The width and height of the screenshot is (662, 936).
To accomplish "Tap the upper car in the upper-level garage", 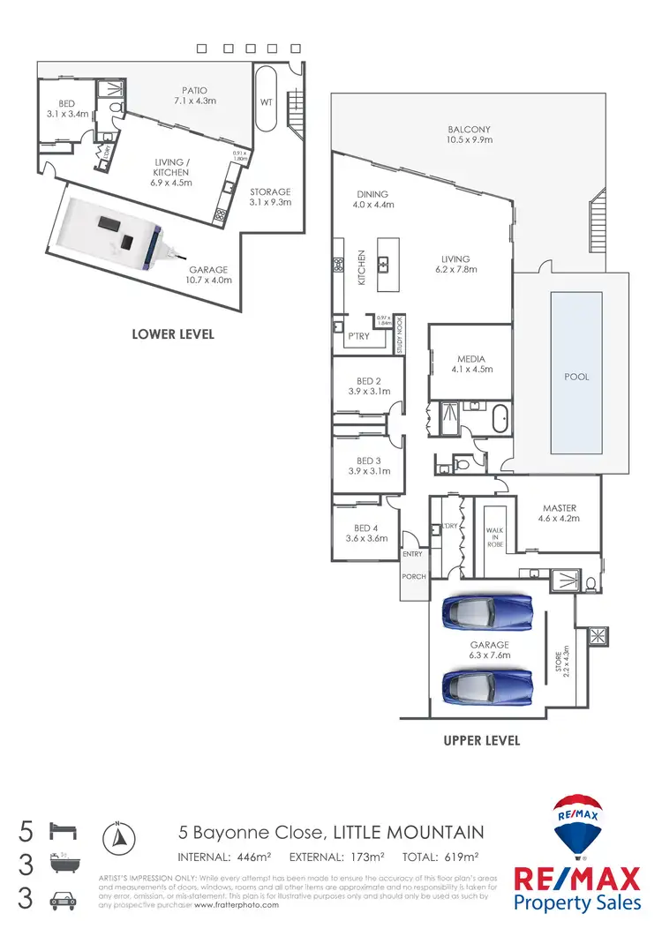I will [487, 610].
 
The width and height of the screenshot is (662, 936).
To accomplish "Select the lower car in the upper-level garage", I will [487, 683].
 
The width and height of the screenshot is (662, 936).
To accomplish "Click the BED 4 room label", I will [366, 532].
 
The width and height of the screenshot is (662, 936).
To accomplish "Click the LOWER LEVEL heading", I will [172, 334].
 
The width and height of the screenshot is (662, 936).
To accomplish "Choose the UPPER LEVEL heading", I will [481, 740].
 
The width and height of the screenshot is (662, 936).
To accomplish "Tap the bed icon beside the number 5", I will [65, 831].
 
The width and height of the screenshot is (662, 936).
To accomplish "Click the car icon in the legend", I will [65, 901].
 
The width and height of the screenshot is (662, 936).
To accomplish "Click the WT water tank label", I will [265, 102].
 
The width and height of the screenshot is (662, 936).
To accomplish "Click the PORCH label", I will [413, 577].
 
